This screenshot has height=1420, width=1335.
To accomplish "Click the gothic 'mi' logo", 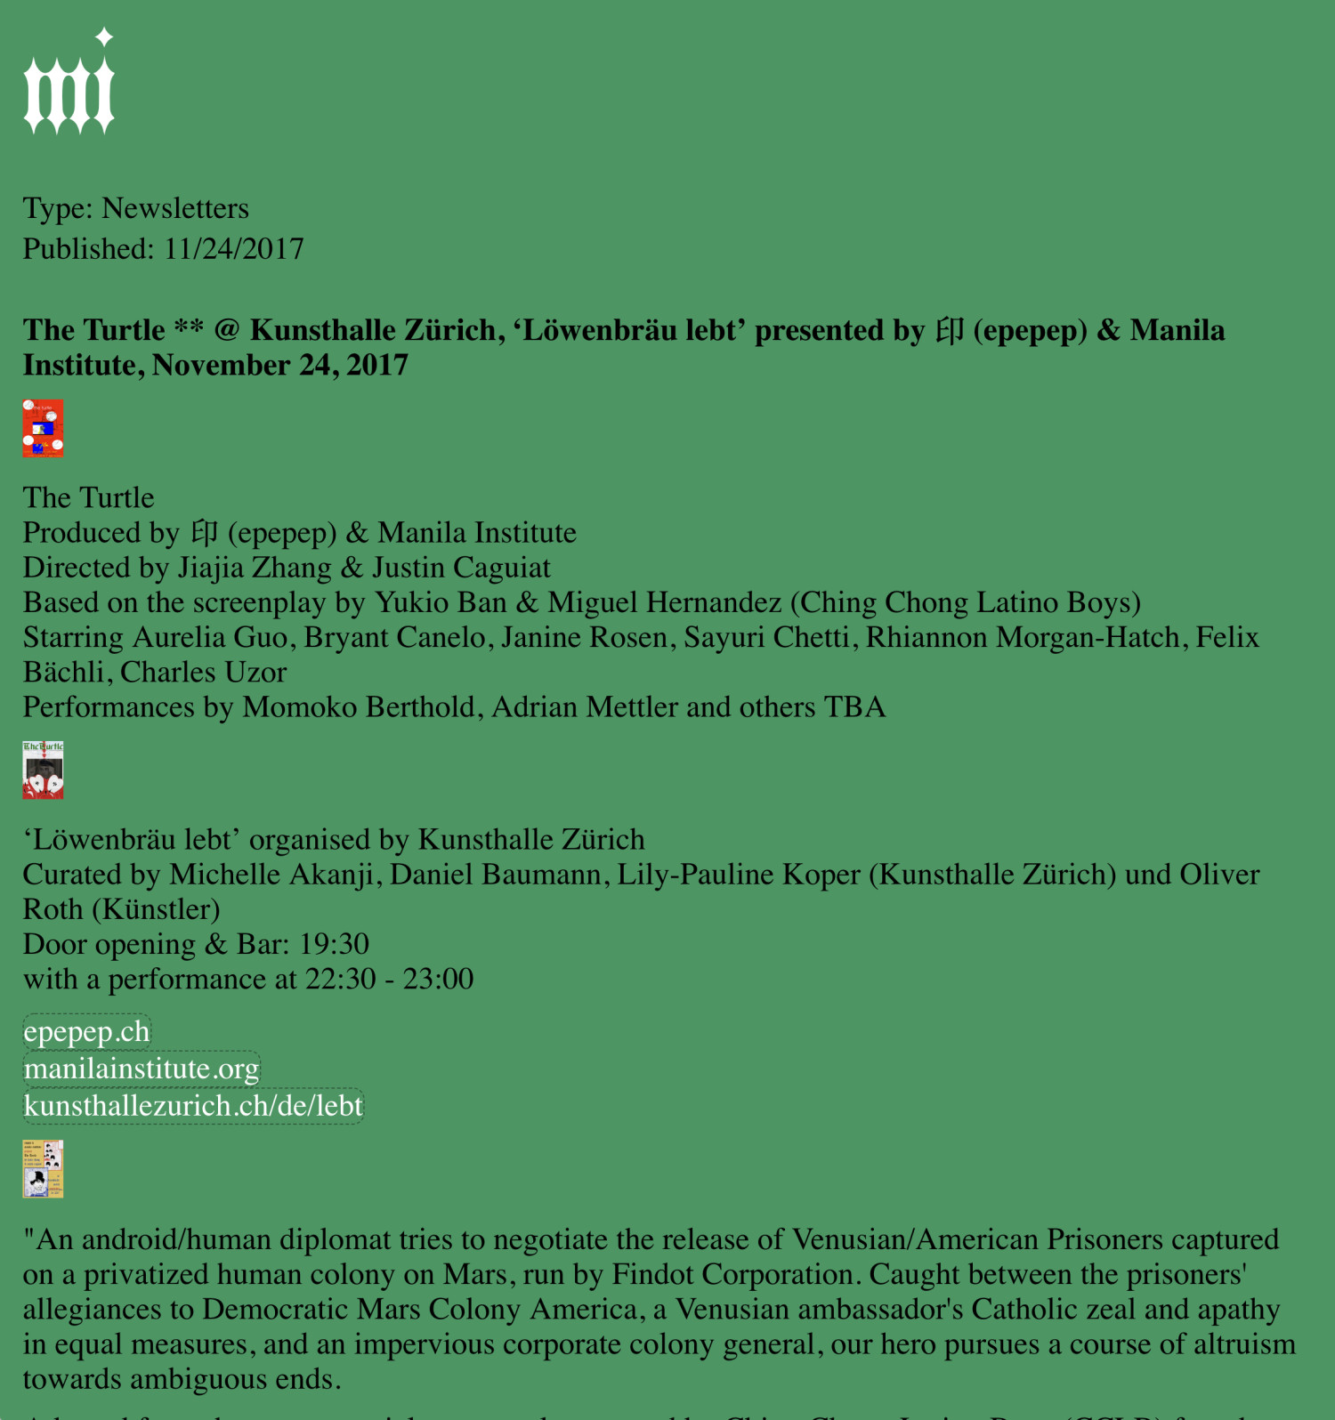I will point(69,93).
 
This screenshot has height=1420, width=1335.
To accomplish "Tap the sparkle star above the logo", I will point(104,36).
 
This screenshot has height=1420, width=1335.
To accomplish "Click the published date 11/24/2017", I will point(234,249).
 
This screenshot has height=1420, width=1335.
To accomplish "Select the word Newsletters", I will point(175,208).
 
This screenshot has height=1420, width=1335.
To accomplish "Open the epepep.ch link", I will point(86,1032).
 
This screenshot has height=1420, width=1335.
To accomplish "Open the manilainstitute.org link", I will point(142,1069).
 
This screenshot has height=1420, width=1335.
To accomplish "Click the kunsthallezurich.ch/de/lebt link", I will point(193,1106).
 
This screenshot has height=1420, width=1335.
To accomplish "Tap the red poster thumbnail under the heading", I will point(43,428).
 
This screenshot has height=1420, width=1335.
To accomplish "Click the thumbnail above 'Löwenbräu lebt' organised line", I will point(43,770).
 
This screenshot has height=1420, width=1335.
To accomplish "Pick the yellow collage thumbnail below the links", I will point(43,1169).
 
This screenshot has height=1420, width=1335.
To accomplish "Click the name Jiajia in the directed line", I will point(208,568).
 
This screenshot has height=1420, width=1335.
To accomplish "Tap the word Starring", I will point(73,638).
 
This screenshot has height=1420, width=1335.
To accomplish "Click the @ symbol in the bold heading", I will point(227,330).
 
